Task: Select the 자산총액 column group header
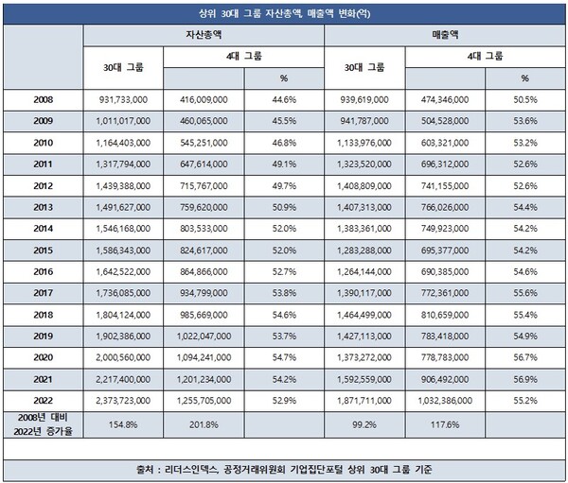pos(203,33)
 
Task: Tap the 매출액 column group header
pos(444,33)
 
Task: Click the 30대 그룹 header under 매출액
pos(364,67)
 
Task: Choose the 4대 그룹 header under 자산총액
pos(243,57)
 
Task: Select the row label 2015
pos(43,250)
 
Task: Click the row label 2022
pos(43,401)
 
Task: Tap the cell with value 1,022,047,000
pos(203,336)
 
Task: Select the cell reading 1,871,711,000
pos(364,401)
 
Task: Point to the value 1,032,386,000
pos(444,401)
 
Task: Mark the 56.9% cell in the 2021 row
pos(524,379)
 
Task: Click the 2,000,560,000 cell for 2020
pos(123,358)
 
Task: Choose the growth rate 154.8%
pos(123,424)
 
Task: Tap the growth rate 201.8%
pos(203,424)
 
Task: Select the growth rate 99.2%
pos(364,424)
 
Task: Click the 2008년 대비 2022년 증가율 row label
pos(43,424)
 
